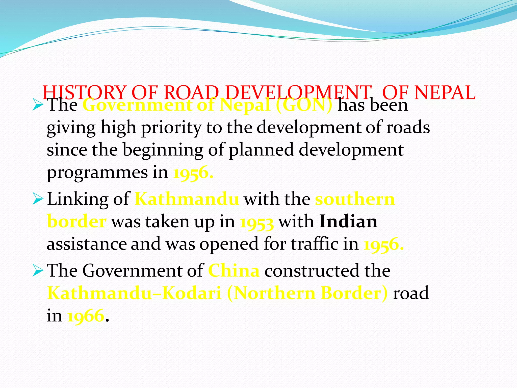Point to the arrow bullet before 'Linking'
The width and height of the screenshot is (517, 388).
click(x=38, y=199)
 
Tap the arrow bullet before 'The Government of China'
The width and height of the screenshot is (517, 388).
click(x=38, y=271)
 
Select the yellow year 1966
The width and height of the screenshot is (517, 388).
click(x=86, y=316)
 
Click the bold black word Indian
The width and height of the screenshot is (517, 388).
click(x=348, y=222)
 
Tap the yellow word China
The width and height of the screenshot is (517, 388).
click(x=234, y=271)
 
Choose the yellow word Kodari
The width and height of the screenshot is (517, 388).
click(x=192, y=293)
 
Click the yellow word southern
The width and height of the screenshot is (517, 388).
click(x=355, y=199)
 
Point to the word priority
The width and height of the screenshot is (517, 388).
click(x=171, y=128)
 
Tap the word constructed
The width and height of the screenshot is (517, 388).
click(x=312, y=271)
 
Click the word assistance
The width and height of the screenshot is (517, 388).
click(x=87, y=244)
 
